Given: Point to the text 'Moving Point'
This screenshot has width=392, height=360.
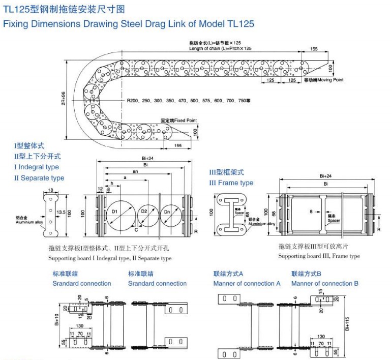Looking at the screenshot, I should tap(330, 80).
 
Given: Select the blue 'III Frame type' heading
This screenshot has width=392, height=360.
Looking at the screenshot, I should tap(231, 183).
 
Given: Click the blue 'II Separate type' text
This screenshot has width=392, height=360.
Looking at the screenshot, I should tap(39, 178).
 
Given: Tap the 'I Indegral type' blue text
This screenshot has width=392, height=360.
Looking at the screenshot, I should tap(37, 167).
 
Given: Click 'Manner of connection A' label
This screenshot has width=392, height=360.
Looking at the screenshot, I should tap(247, 284).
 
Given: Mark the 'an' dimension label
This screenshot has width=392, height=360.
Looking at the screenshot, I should tap(135, 172).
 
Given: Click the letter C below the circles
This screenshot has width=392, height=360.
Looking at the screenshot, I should tap(136, 229).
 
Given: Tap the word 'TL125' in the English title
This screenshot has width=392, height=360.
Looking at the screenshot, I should tap(239, 24).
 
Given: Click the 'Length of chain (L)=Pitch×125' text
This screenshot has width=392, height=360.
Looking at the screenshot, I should tap(220, 48).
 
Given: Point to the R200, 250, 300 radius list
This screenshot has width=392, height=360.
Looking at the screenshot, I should tap(188, 100).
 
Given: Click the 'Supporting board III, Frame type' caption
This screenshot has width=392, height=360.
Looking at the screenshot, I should tap(319, 256).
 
